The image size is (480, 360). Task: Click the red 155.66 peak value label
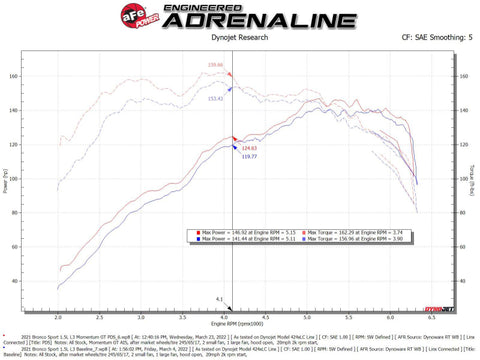[215, 66]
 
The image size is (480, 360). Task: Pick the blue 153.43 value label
[215, 99]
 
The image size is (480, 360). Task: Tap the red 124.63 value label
[248, 148]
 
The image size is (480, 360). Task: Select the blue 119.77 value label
[248, 157]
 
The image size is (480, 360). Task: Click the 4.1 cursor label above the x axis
[218, 299]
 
